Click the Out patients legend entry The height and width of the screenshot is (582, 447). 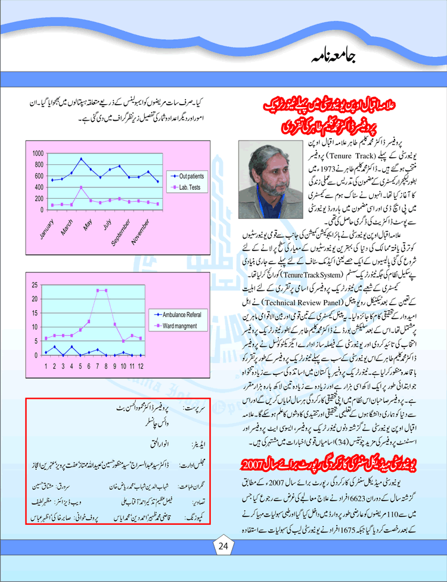coord(190,176)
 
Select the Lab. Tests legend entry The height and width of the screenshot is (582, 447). coord(188,188)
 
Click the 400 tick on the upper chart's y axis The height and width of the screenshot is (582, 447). coord(38,187)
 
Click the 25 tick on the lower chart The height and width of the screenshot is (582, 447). coord(35,285)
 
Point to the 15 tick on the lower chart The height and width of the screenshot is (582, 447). coord(35,313)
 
